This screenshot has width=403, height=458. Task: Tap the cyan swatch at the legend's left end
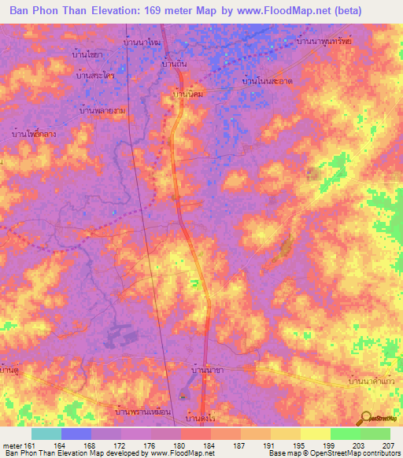[46, 434]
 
